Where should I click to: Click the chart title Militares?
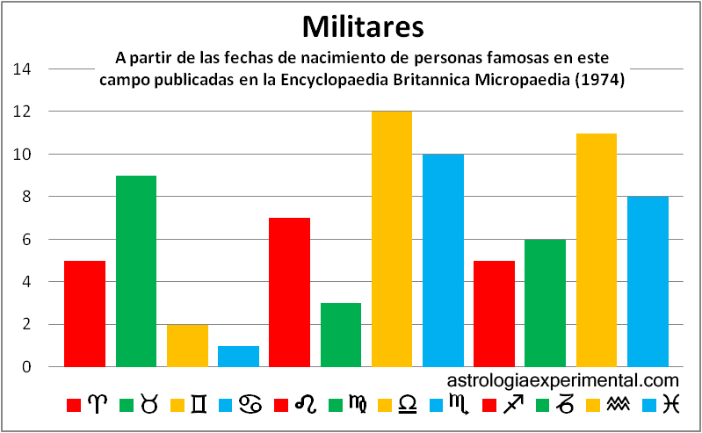coord(363,25)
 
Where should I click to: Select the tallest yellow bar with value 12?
coord(392,239)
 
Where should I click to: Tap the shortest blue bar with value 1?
coord(238,356)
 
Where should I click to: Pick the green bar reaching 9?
coord(136,271)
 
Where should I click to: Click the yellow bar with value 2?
coord(187,345)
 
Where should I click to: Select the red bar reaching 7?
coord(289,292)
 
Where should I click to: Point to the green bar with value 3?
coord(341,335)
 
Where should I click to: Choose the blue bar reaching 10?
coord(443,260)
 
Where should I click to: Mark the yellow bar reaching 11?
coord(597,249)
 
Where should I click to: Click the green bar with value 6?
coord(546,303)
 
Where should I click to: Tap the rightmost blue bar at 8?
coord(648,281)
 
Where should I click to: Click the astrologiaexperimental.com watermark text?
coord(563,380)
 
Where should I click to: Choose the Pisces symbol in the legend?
coord(671,405)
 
